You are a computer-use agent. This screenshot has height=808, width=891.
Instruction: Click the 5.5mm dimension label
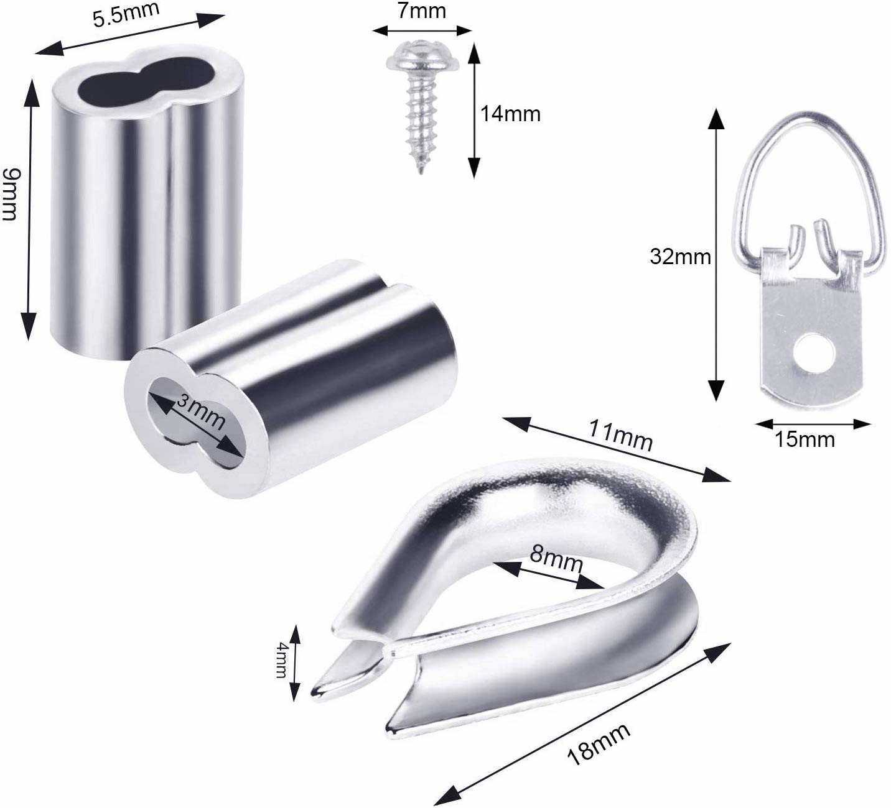[x=126, y=15]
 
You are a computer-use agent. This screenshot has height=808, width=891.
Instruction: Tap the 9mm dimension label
[x=10, y=194]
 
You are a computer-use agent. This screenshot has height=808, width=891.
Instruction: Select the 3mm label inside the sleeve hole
[x=200, y=412]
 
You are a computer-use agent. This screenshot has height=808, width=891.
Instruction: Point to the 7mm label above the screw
[x=421, y=11]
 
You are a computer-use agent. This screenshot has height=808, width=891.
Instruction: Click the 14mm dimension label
[x=510, y=114]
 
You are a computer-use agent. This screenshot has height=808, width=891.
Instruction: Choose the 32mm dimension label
[x=680, y=257]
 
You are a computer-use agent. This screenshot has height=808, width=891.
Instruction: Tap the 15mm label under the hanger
[x=805, y=439]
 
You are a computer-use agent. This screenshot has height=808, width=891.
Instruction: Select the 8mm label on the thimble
[x=556, y=561]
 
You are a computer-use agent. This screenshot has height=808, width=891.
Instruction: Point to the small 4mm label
[x=282, y=661]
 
